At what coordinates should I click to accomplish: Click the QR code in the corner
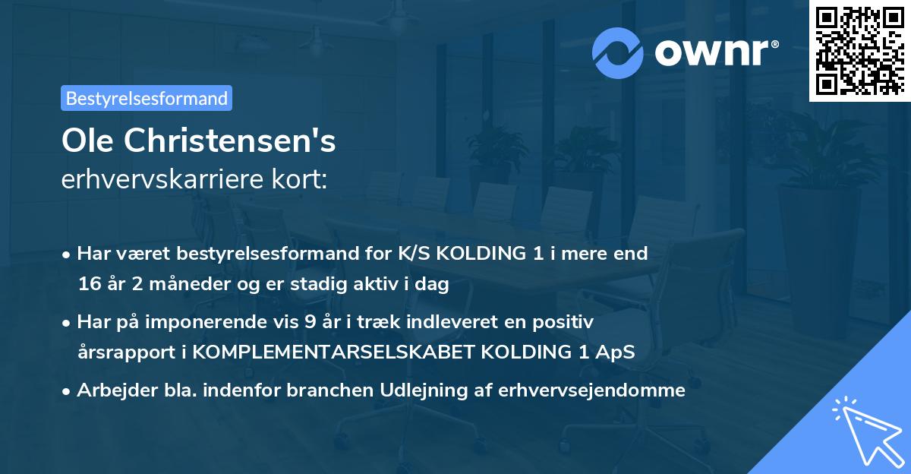click(859, 50)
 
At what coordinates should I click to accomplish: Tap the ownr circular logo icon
click(616, 53)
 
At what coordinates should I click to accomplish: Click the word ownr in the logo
click(711, 53)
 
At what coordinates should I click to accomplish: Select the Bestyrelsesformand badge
click(147, 98)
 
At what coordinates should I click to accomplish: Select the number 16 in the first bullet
click(88, 285)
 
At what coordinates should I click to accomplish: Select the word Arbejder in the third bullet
click(112, 390)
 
